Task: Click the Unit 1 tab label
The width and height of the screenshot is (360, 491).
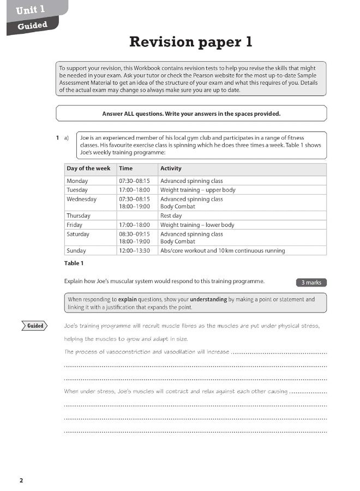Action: tap(31, 9)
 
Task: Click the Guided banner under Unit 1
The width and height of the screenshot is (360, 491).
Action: tap(32, 26)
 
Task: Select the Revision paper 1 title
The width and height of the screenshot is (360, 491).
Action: tap(190, 42)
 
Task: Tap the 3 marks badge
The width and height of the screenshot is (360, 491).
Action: tap(311, 283)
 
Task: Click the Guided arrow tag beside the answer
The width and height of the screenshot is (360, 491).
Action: tap(35, 326)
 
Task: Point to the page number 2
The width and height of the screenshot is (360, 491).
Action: tap(21, 481)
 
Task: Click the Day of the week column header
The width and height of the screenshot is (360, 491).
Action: tap(88, 169)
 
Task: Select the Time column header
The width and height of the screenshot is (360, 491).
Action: tap(125, 169)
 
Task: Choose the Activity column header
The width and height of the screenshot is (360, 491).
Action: tap(171, 169)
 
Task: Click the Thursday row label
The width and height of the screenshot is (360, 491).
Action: tap(79, 216)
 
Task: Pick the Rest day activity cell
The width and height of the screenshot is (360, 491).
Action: tap(171, 216)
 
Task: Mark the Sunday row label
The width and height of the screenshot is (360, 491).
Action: tap(76, 251)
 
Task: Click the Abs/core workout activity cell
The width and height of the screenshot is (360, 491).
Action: tap(222, 251)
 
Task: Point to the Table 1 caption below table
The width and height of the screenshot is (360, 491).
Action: tap(74, 264)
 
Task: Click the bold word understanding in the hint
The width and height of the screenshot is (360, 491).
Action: tap(208, 300)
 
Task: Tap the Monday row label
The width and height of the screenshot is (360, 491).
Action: tap(77, 181)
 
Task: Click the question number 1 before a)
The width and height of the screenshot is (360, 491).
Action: tap(57, 138)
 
